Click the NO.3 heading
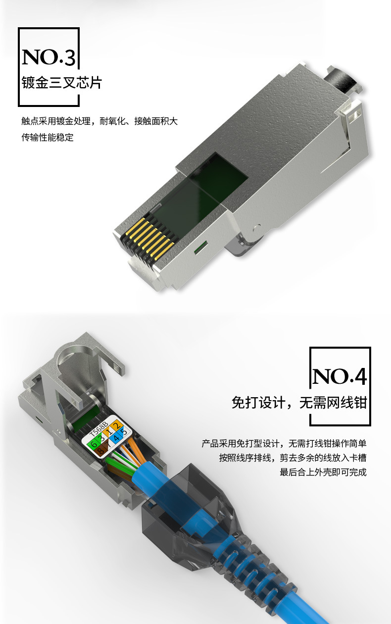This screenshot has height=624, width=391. click(49, 57)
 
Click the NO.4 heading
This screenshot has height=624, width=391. click(340, 377)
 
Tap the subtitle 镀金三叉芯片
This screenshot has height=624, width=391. click(61, 82)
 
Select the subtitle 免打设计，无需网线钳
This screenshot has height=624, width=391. click(299, 402)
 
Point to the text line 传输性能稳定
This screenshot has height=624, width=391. click(48, 137)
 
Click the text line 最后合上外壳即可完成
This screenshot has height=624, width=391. click(323, 472)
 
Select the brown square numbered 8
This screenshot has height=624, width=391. click(100, 451)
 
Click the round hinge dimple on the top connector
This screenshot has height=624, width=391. click(256, 229)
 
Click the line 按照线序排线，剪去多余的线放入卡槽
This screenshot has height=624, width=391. click(293, 458)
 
